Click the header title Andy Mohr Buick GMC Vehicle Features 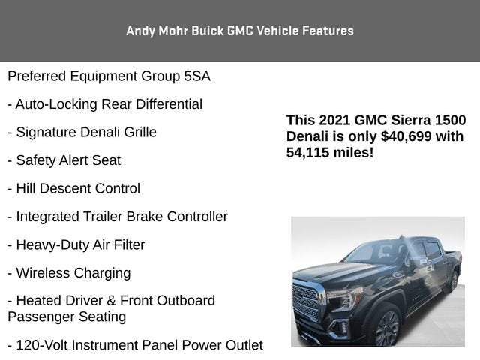pos(240,31)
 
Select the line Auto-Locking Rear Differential pos(105,104)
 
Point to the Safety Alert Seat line pos(64,160)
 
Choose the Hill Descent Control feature pos(73,189)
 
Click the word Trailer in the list pos(115,217)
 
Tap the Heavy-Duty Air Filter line pos(76,245)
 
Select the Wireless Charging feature pos(69,273)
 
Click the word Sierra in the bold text pos(411,121)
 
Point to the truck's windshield pos(373,252)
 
